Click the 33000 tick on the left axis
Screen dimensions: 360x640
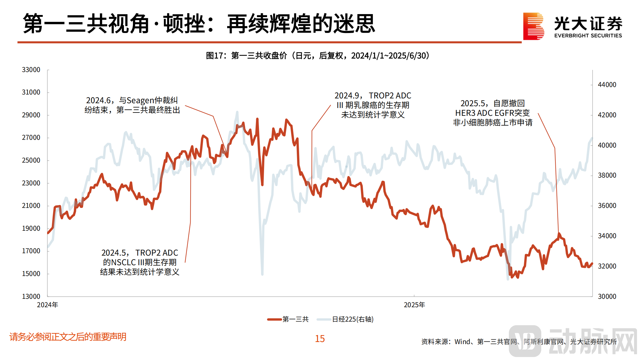[x=31, y=70]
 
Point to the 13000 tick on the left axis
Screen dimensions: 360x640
[x=31, y=296]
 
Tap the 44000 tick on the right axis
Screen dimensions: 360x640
[x=607, y=85]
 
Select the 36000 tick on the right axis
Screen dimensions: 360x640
[x=607, y=205]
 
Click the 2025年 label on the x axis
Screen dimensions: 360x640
[x=414, y=305]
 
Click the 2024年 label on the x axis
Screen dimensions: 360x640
[x=47, y=305]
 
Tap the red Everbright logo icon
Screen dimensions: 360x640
[x=533, y=26]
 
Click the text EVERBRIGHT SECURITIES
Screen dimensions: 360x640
[x=588, y=35]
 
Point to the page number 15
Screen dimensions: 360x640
[x=320, y=339]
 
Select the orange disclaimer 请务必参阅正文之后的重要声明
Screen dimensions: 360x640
[x=68, y=337]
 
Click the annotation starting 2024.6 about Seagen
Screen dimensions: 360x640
[x=132, y=105]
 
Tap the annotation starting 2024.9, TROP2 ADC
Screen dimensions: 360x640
[x=373, y=105]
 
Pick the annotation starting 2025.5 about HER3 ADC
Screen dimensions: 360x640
[x=493, y=113]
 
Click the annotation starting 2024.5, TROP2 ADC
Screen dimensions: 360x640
[x=140, y=262]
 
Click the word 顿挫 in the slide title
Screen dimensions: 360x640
[x=184, y=24]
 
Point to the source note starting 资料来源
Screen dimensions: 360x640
[x=519, y=342]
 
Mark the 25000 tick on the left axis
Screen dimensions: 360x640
[x=31, y=160]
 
